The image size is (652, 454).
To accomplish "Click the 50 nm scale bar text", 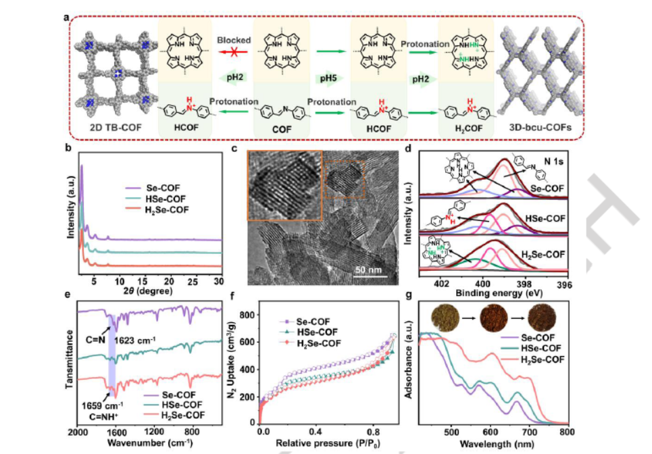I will click(370, 271).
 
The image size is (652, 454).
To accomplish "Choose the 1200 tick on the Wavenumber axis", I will click(155, 431).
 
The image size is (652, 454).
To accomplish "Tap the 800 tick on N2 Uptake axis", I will click(247, 315).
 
